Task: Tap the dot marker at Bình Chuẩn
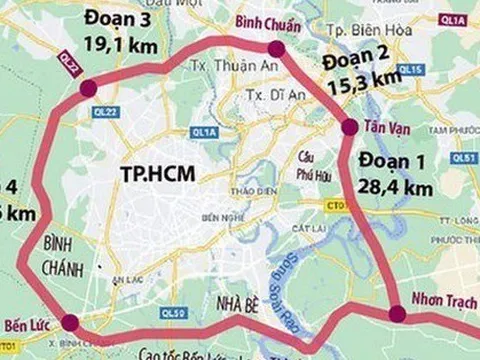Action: pyautogui.click(x=276, y=48)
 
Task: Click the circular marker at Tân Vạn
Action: pyautogui.click(x=349, y=127)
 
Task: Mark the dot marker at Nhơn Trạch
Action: pyautogui.click(x=397, y=314)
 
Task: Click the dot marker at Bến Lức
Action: pyautogui.click(x=69, y=322)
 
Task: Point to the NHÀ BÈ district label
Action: pyautogui.click(x=214, y=304)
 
